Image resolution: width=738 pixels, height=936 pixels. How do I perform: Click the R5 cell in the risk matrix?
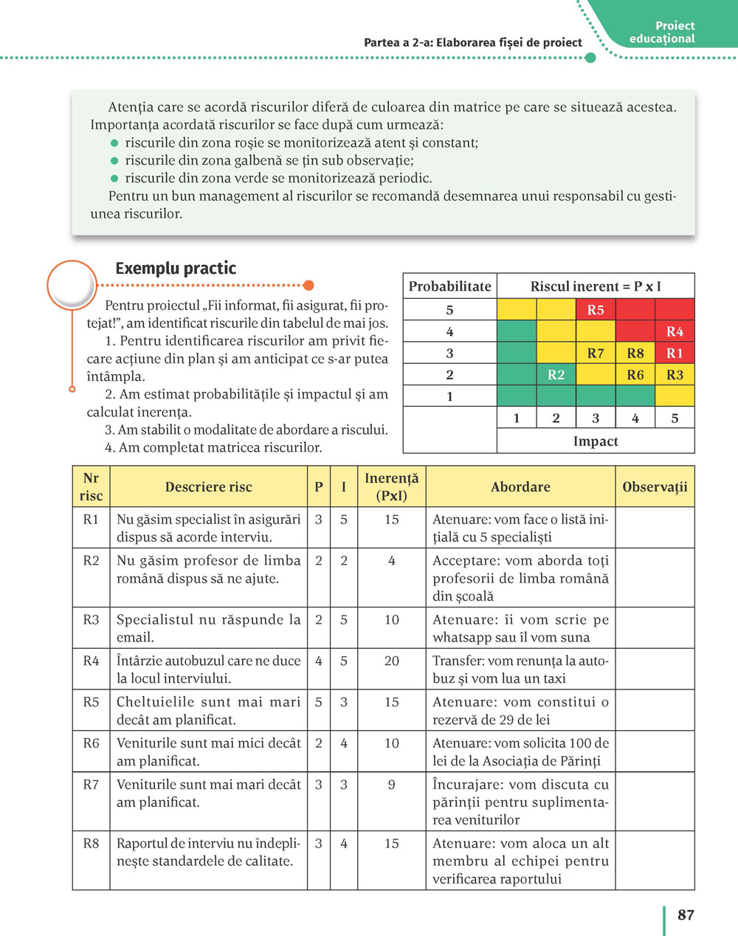coord(596,310)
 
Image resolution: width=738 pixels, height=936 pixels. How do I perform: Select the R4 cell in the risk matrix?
coord(675,331)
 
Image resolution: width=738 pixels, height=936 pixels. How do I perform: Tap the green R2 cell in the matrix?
coord(556,375)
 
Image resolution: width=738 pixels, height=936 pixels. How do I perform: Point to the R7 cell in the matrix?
coord(596,353)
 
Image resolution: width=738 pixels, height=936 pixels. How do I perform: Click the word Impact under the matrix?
coord(596,441)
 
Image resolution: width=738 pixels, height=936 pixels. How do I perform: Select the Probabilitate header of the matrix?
coord(449,286)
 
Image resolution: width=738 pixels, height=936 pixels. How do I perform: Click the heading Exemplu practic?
coord(176,268)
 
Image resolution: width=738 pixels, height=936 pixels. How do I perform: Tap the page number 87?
coord(686,915)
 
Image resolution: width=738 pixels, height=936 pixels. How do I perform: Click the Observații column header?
coord(655,486)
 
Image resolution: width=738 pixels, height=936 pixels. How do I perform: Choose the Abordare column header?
coord(520,486)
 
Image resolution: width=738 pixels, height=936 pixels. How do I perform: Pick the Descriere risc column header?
coord(209,486)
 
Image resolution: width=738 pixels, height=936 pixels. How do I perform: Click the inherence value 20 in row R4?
coord(391,661)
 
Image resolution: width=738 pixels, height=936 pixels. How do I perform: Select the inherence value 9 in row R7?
coord(391,785)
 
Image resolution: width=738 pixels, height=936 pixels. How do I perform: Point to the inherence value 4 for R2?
coord(391,561)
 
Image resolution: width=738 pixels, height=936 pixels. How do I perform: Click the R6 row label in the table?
coord(91,743)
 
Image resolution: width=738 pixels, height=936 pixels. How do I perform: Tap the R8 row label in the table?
coord(91,844)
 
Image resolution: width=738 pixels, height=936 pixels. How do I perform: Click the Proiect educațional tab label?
coord(663,32)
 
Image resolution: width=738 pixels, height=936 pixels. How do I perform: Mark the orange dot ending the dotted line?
coord(308,286)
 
